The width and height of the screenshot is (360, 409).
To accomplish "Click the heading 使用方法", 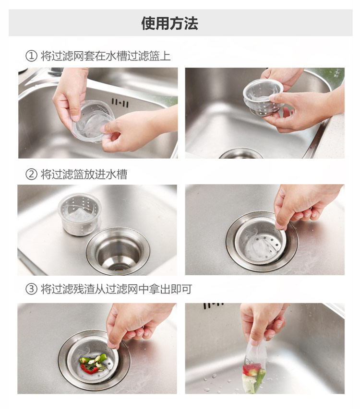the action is coord(170,23).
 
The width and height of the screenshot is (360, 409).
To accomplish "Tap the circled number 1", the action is coord(31,56).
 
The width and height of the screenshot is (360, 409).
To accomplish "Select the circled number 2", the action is coord(31,174).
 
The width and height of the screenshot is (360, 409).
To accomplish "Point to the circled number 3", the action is coord(31,289).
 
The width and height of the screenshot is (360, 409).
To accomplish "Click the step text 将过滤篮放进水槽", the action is coord(84,174).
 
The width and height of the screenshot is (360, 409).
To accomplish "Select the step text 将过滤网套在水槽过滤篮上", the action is coord(106,56).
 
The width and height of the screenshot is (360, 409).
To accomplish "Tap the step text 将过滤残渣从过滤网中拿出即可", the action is coord(117,289).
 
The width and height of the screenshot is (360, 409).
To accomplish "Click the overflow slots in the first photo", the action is coord(120,103).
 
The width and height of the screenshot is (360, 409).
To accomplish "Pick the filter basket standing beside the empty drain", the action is coord(79,214).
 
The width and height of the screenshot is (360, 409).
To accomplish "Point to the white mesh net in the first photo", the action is coord(93,121).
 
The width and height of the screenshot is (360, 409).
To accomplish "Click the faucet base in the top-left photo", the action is coord(55,71).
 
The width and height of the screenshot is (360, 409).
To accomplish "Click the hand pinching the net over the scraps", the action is coord(138,324).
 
